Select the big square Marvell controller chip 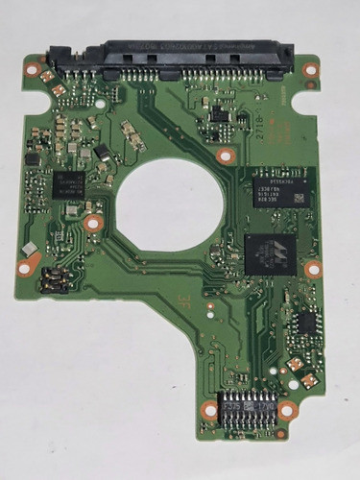pos(271,252)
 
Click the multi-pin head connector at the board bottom pos(246,411)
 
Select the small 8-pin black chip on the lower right pos(306,323)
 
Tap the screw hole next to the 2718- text pos(225,155)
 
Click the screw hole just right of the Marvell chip pos(313,269)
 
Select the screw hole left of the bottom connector pos(208,410)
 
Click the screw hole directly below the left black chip pos(92,223)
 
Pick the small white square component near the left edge pos(29,249)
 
